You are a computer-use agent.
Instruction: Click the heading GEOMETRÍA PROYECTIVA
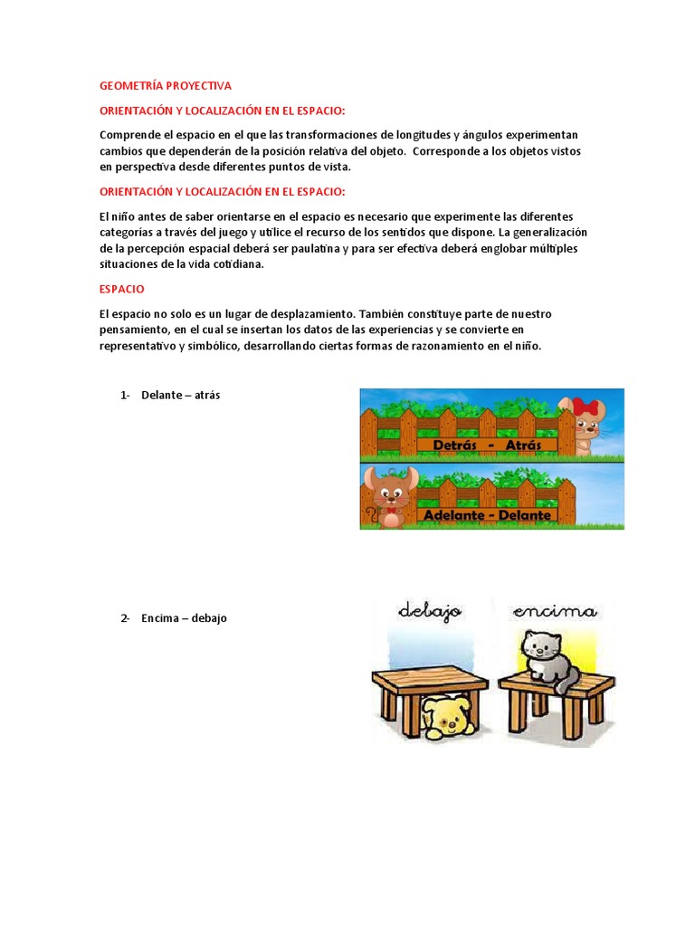166,86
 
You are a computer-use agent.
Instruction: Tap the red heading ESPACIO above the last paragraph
121,289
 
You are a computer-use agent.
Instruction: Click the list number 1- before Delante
125,396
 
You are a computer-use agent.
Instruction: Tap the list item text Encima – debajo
184,618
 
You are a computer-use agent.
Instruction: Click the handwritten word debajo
430,612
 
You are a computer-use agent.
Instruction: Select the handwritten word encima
554,612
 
